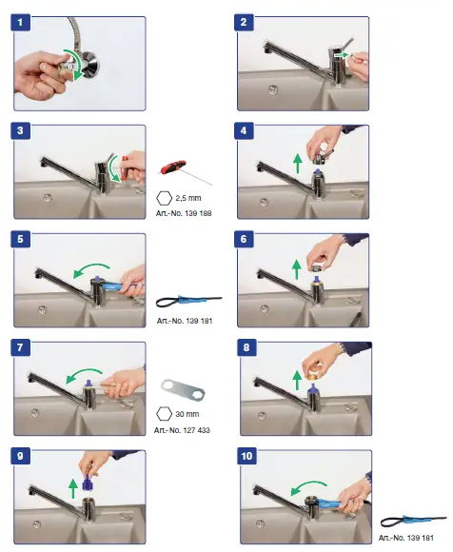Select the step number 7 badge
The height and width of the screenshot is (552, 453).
click(23, 348)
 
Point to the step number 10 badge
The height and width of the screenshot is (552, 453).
click(248, 457)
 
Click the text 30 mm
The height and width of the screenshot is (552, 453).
click(187, 414)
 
